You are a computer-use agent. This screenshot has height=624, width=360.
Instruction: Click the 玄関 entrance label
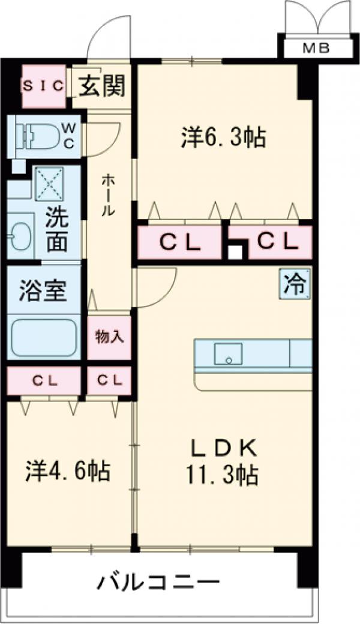pos(102,86)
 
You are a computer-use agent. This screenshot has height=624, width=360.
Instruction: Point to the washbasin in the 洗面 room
pos(22,235)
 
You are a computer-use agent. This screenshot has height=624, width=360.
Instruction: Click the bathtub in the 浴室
pos(44,338)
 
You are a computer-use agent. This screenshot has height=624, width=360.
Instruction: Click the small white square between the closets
pos(236,251)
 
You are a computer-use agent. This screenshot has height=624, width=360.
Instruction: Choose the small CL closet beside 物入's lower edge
pos(109,380)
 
